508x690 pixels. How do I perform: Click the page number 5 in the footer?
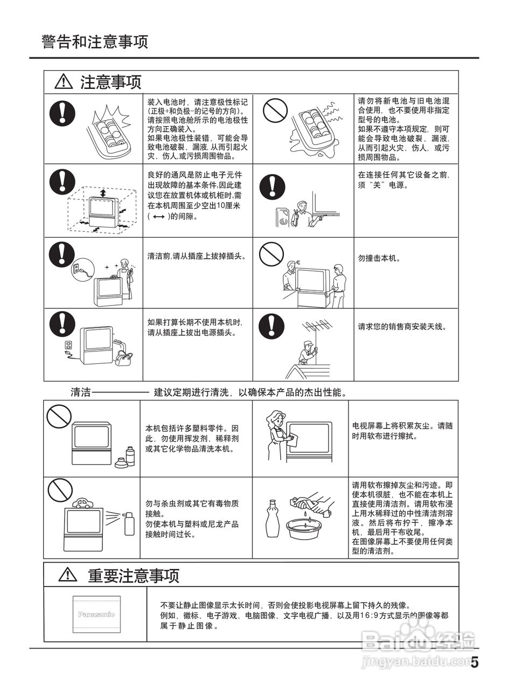474,662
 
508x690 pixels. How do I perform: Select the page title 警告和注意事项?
94,42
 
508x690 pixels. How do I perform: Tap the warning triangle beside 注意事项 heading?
64,82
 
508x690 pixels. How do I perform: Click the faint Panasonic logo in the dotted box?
96,614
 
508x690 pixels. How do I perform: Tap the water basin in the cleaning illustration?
305,525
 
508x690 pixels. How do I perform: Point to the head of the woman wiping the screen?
276,417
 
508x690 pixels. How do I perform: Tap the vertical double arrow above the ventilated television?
102,194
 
